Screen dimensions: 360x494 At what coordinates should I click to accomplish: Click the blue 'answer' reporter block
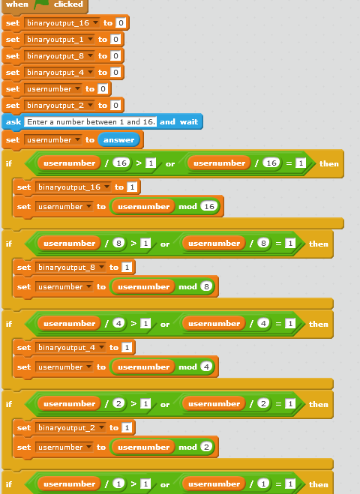click(118, 140)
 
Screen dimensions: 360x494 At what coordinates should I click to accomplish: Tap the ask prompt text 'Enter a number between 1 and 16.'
click(91, 122)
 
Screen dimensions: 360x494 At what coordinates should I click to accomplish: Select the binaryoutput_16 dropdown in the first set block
click(62, 23)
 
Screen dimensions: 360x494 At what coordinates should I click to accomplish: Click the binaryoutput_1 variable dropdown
click(59, 40)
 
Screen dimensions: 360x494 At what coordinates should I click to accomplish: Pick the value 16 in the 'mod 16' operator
click(209, 206)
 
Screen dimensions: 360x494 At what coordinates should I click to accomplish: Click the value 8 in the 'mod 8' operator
click(206, 286)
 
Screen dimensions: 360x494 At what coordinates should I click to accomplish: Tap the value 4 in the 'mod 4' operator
click(206, 367)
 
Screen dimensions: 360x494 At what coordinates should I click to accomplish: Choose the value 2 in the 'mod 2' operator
click(206, 447)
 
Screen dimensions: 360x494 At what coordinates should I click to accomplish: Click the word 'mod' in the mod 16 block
click(187, 207)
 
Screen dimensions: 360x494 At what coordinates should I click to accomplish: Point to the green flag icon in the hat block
click(41, 4)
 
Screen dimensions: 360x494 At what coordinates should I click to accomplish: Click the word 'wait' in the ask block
click(189, 122)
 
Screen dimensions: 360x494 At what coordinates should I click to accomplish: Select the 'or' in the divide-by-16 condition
click(170, 164)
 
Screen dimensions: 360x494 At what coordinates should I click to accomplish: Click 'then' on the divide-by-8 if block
click(319, 244)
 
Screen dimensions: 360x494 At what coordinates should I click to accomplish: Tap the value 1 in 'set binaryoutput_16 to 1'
click(132, 187)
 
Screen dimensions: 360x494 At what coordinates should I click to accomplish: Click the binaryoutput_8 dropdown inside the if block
click(70, 267)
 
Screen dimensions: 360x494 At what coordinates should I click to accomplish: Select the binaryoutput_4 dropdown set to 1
click(70, 348)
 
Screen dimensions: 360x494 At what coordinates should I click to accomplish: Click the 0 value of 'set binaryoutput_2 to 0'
click(115, 105)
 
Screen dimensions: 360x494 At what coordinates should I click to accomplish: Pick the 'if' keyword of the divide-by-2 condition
click(9, 404)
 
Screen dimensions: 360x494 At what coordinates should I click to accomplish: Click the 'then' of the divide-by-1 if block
click(319, 484)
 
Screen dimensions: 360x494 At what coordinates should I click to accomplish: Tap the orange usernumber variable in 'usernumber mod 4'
click(143, 367)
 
